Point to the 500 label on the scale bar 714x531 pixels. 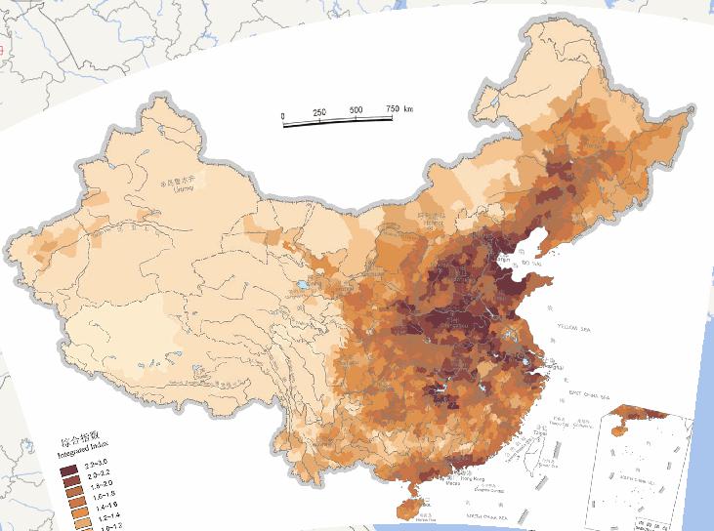click(356, 109)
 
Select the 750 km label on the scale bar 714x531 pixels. click(399, 107)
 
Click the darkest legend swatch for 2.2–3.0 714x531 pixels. click(69, 471)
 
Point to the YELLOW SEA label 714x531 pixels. click(574, 326)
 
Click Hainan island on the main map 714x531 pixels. click(409, 509)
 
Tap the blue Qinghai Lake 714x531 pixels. click(303, 286)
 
